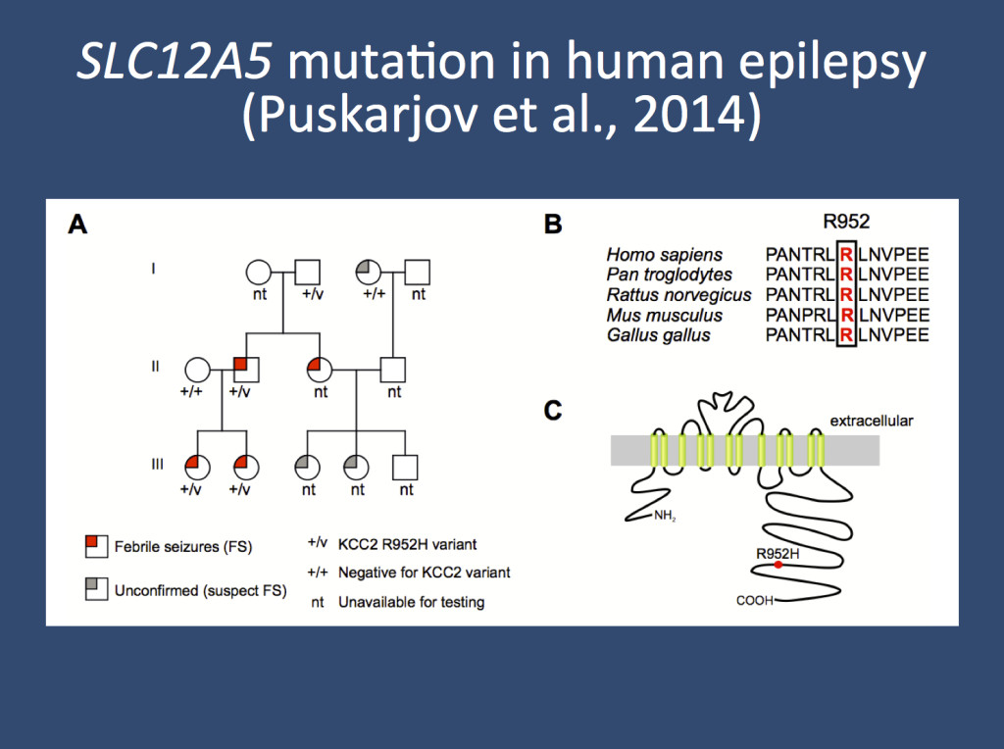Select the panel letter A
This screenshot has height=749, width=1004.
pos(77,225)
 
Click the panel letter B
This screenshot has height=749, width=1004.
pos(553,225)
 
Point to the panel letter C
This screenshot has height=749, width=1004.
pos(553,409)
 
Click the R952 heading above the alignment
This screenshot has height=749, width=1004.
pos(846,222)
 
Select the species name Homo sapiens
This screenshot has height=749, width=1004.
pos(665,256)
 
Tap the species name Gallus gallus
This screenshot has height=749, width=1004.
pos(658,335)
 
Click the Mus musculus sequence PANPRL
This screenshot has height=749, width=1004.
pos(799,316)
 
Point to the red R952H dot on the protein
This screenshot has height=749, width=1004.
pos(778,565)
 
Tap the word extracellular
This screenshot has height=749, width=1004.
pos(872,421)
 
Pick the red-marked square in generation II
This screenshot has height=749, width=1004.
pos(245,371)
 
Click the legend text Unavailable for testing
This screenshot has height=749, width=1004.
pos(411,602)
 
